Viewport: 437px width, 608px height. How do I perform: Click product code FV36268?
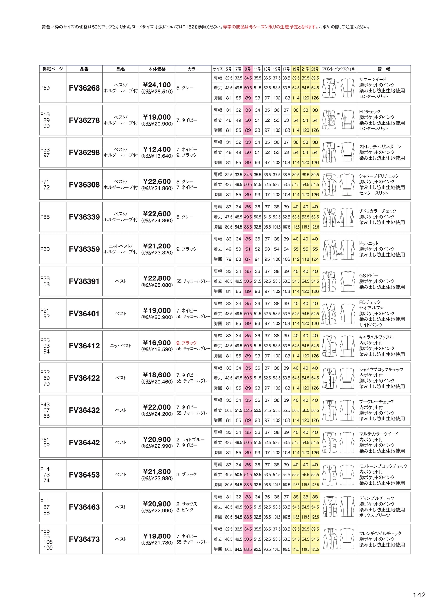(x=84, y=88)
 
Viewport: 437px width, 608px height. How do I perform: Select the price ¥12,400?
(x=157, y=149)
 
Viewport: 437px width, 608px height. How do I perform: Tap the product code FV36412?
(x=84, y=346)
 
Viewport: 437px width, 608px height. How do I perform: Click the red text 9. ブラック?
(x=186, y=343)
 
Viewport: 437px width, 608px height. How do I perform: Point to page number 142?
(x=419, y=595)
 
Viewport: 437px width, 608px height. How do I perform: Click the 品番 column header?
(x=84, y=69)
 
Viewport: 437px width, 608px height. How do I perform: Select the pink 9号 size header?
(x=248, y=69)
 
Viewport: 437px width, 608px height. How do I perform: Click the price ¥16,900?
(x=157, y=343)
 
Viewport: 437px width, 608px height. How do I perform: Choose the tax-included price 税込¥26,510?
(x=157, y=92)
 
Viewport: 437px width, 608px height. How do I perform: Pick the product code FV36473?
(x=84, y=539)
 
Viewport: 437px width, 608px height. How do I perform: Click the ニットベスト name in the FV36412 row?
(x=121, y=346)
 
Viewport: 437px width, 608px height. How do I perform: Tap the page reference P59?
(x=45, y=88)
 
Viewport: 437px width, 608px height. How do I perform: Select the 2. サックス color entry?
(x=187, y=504)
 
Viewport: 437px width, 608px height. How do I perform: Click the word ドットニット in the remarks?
(x=369, y=244)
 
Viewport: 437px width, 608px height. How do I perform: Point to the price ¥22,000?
(x=157, y=407)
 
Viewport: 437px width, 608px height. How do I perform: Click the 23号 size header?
(x=315, y=69)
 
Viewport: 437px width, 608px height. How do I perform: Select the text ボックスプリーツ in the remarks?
(x=374, y=515)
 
